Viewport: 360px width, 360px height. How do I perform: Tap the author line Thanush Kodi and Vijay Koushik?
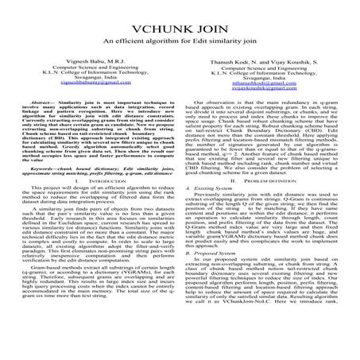268,62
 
